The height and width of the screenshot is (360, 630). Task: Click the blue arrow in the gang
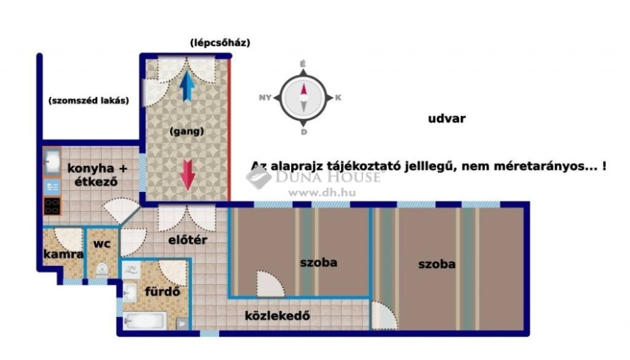coord(187,86)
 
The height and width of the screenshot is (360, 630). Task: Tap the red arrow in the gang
coord(187,175)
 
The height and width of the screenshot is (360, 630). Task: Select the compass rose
coord(303,98)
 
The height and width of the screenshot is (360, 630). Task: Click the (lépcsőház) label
coord(220,42)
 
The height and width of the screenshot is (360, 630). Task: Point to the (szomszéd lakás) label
coord(89,100)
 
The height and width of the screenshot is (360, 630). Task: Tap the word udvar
coord(447,119)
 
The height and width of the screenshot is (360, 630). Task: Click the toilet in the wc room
coord(102,269)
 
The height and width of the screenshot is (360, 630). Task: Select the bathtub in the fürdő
coord(145,321)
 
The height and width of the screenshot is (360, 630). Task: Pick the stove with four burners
coord(52,206)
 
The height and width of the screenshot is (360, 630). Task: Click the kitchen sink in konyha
coord(52,161)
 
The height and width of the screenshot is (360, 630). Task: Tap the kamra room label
coord(63,254)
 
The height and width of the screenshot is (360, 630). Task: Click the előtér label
coord(188,240)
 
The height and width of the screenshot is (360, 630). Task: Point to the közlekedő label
coord(277,316)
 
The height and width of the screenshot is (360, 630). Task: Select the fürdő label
coord(162,292)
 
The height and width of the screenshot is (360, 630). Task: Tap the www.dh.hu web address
coord(322,193)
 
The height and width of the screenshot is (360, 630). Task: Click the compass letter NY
coord(265,98)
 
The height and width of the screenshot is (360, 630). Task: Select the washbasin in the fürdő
coord(129,292)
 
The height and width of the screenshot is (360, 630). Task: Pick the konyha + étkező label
coord(97,175)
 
